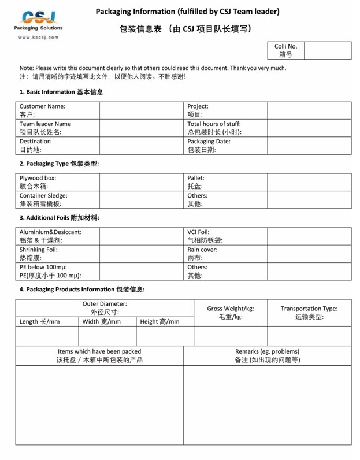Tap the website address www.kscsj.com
(39, 37)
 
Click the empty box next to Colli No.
(326, 50)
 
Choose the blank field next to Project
(309, 110)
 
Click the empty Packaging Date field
(309, 145)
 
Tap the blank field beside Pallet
(309, 182)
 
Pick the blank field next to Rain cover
(309, 254)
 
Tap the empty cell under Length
(47, 336)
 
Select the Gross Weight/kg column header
(230, 313)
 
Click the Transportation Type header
(309, 313)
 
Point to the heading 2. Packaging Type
(59, 164)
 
